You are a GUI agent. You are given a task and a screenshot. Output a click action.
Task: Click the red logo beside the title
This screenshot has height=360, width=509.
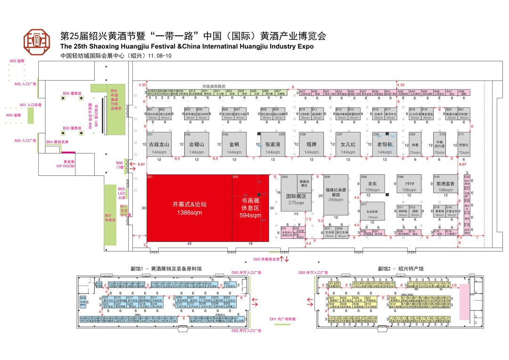pos(38,42)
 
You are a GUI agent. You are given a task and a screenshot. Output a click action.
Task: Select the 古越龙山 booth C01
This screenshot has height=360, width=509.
pos(159,144)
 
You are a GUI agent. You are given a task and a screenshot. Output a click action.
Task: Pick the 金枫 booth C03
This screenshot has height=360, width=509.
pos(234,144)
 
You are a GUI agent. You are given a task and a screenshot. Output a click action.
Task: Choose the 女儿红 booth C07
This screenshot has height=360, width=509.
pos(348,144)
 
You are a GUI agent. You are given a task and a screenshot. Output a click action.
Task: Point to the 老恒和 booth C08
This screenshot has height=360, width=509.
pos(385,144)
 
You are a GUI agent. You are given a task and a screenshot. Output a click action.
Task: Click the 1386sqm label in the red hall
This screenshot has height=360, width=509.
pos(190,213)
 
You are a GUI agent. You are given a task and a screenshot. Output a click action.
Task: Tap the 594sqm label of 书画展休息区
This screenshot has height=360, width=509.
pos(250,216)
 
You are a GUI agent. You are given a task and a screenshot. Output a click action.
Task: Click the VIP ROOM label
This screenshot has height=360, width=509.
pos(66,166)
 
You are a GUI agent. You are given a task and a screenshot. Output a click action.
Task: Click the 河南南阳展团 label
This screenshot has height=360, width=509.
pos(215,87)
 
